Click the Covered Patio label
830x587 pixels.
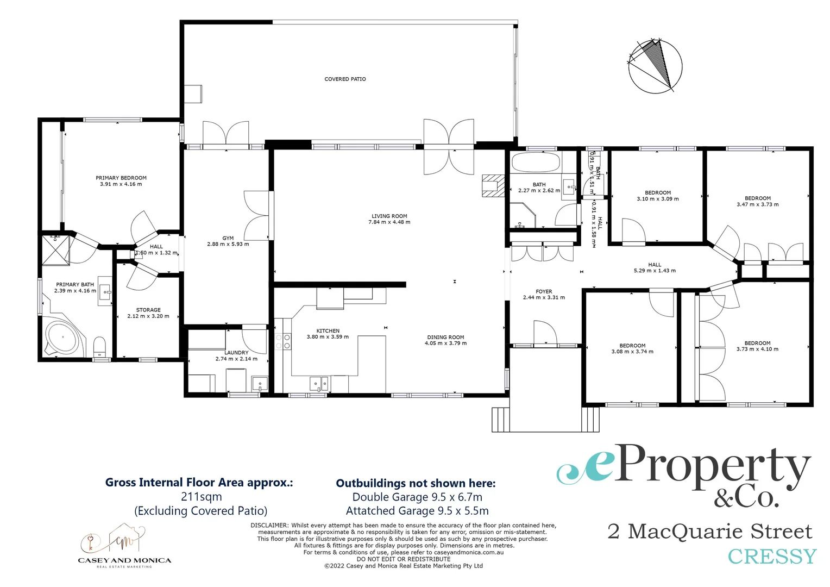[345, 79]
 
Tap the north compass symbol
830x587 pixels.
[655, 66]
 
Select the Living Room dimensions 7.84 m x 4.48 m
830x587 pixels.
[389, 222]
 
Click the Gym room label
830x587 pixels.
[228, 239]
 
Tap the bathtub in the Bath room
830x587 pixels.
[536, 163]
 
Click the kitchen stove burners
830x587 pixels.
[282, 341]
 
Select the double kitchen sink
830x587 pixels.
[319, 383]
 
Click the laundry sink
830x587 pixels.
[260, 384]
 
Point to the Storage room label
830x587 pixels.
[148, 310]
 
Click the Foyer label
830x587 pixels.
[544, 292]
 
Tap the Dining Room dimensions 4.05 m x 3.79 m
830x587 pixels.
[445, 344]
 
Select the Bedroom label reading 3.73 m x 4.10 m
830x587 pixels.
[757, 346]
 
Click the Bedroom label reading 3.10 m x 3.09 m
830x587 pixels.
[657, 196]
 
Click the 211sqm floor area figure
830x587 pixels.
[201, 497]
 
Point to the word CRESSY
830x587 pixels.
[771, 557]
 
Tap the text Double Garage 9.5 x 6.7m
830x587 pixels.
[417, 497]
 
